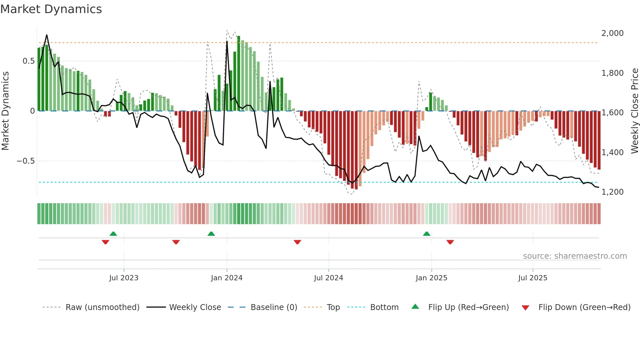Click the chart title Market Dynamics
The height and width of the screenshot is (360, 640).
51,9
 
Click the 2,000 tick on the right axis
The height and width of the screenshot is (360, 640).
612,33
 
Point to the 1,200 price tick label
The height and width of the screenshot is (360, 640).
612,192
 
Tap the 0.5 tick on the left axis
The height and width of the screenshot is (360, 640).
28,61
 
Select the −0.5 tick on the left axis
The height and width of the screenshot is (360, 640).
26,161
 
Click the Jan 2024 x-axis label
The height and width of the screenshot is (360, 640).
227,278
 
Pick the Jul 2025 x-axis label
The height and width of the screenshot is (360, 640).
533,278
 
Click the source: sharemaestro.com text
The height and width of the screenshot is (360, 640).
575,256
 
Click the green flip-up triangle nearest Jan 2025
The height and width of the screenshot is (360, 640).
426,234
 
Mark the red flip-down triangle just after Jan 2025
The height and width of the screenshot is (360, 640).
450,242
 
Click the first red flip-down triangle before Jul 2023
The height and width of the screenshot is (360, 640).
105,242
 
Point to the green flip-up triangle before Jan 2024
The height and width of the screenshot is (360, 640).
211,234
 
